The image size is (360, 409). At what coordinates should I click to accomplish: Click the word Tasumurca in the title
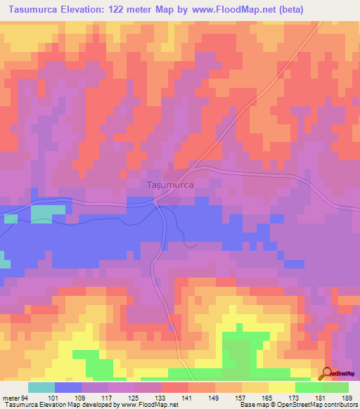pos(37,9)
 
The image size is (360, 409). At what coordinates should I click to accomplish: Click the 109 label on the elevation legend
pos(81,397)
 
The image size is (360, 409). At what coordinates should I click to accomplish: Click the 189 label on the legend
pos(347,397)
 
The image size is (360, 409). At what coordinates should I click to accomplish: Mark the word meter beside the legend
pos(11,397)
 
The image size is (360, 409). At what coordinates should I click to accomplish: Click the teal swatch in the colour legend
pos(41,387)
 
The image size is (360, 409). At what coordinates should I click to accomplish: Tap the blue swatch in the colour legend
pos(68,387)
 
